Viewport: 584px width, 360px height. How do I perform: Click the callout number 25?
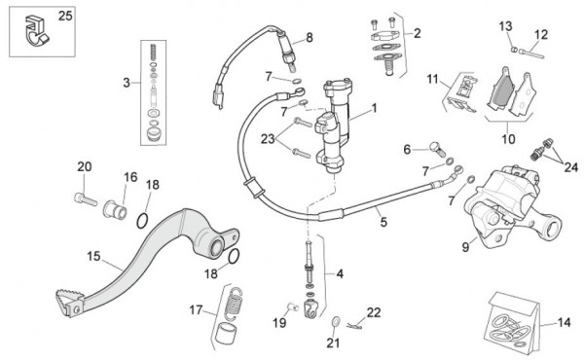pyautogui.click(x=65, y=17)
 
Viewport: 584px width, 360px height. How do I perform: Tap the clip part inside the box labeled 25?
pyautogui.click(x=36, y=30)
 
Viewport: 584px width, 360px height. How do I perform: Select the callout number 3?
pyautogui.click(x=127, y=83)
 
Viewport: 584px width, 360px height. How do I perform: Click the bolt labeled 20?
pyautogui.click(x=86, y=198)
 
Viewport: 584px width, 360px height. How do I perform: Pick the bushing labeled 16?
pyautogui.click(x=115, y=209)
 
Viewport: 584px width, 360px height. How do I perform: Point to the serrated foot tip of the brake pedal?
pyautogui.click(x=70, y=302)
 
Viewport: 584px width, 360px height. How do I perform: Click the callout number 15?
pyautogui.click(x=93, y=256)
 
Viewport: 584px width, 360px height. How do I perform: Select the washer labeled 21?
pyautogui.click(x=336, y=321)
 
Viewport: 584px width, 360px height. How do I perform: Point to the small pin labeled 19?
pyautogui.click(x=293, y=306)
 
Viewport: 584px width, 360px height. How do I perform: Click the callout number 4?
pyautogui.click(x=340, y=274)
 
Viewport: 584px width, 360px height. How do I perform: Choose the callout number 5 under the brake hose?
pyautogui.click(x=383, y=222)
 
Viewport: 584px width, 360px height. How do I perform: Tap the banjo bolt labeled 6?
pyautogui.click(x=438, y=149)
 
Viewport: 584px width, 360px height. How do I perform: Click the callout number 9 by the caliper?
pyautogui.click(x=465, y=247)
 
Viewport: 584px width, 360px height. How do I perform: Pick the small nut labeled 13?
pyautogui.click(x=514, y=50)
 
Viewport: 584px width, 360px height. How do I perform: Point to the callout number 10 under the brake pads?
pyautogui.click(x=508, y=139)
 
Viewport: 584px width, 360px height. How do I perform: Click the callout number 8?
pyautogui.click(x=310, y=38)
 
